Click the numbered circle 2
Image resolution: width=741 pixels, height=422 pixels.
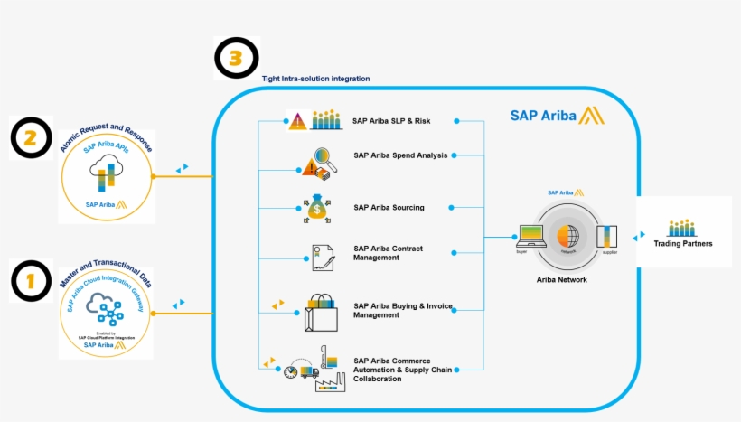tap(32, 137)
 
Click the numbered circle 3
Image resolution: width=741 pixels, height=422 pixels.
tap(236, 59)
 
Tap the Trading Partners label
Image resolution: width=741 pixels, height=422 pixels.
tap(684, 244)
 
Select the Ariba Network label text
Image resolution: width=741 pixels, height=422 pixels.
tap(561, 280)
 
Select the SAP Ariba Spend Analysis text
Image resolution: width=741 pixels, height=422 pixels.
tap(400, 155)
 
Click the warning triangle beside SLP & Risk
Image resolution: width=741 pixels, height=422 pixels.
tap(297, 122)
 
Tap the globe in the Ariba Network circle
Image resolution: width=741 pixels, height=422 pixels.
tap(567, 236)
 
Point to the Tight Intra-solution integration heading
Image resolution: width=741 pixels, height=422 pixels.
tap(315, 79)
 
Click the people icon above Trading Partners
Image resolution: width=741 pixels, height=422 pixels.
tap(684, 228)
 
